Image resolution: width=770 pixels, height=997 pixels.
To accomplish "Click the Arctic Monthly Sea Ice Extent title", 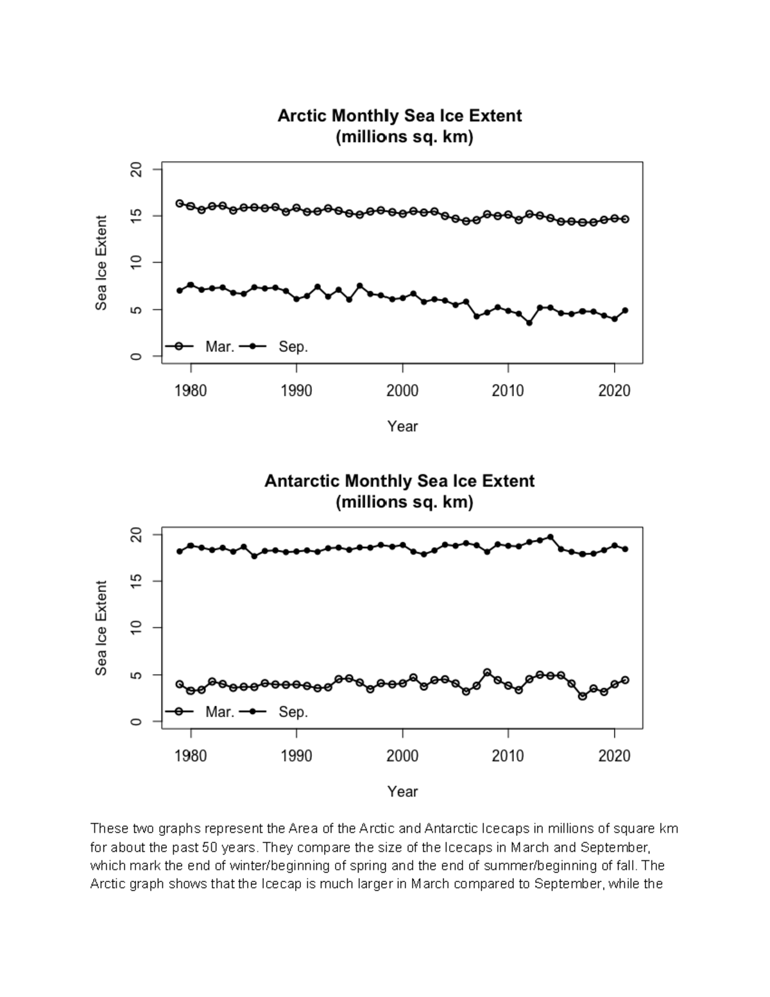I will pos(399,116).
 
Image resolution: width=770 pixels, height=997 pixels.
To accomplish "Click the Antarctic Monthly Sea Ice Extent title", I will pos(399,481).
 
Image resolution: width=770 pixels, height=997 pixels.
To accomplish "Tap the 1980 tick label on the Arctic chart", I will pos(191,391).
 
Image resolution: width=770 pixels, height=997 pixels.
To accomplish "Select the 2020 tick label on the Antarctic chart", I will pos(614,756).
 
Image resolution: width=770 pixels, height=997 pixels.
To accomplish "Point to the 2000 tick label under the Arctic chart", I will pos(402,391).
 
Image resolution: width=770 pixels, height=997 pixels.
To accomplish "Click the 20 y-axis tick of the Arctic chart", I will pos(136,169).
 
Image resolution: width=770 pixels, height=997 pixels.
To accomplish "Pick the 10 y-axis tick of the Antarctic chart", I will pos(136,628).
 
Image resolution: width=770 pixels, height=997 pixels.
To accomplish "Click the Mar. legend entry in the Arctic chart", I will pos(219,347).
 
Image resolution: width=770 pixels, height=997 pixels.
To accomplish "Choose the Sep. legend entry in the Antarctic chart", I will pos(293,712).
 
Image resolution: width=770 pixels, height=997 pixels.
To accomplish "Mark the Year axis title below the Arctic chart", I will pos(402,426).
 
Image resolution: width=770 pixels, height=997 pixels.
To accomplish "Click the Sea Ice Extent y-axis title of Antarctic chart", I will pos(101,628).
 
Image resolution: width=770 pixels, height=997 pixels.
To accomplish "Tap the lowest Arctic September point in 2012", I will pos(529,323).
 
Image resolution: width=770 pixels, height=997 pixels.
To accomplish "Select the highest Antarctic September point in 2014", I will pos(551,537).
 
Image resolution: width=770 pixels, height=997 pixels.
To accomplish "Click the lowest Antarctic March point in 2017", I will pos(583,696).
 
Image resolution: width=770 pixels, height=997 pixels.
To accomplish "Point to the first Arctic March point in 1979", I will pos(180,204).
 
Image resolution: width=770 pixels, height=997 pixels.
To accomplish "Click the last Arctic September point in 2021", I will pos(625,311).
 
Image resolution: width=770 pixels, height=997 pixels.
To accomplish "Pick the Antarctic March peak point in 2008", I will pos(487,672).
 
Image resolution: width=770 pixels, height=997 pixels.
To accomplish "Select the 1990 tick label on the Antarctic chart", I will pos(296,756).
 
